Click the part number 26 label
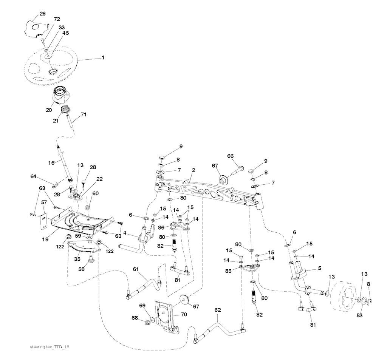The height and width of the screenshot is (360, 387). [x=42, y=14]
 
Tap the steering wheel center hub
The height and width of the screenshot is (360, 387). [x=52, y=72]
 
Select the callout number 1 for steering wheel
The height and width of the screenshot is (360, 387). [x=103, y=57]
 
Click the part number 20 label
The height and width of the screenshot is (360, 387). [x=49, y=110]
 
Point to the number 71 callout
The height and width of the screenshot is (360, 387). [x=84, y=114]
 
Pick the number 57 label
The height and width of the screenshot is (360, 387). [x=44, y=202]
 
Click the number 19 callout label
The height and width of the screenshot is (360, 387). [x=45, y=239]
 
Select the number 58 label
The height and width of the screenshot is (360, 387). [x=81, y=269]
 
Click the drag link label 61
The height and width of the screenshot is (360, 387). [x=136, y=269]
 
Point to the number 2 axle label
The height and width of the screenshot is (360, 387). [x=193, y=170]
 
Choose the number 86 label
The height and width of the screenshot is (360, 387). [x=161, y=227]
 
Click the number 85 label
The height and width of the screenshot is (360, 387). [x=228, y=271]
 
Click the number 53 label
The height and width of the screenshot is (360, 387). [x=359, y=315]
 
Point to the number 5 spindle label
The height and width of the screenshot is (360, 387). [x=320, y=268]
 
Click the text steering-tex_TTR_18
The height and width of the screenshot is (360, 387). [x=50, y=347]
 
